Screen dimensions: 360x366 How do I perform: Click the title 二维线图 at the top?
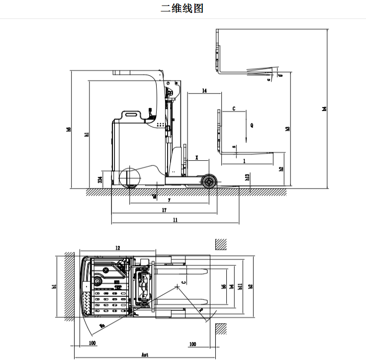click(x=183, y=8)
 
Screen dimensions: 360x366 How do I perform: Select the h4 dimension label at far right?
click(x=325, y=109)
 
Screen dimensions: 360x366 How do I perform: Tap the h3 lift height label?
click(x=287, y=129)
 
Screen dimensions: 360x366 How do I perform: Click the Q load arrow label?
click(x=252, y=125)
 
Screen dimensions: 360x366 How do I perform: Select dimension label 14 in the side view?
click(x=204, y=91)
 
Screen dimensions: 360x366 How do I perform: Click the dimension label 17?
click(x=164, y=211)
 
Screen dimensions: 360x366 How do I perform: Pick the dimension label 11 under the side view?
click(x=175, y=220)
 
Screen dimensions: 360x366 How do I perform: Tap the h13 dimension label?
click(x=247, y=177)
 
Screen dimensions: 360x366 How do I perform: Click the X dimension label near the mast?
click(x=197, y=158)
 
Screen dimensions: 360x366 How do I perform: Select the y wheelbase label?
click(x=169, y=200)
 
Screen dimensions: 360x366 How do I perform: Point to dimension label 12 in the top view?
click(x=117, y=247)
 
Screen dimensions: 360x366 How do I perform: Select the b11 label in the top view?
click(x=240, y=286)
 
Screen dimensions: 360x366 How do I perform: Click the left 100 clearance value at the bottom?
click(x=92, y=344)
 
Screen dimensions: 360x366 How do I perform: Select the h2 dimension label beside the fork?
click(x=281, y=169)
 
